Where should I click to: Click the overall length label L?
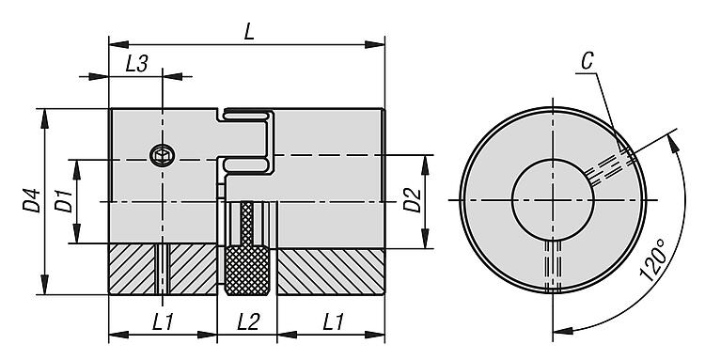(249, 31)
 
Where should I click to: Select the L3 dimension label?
(136, 64)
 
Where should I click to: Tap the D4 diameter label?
(31, 200)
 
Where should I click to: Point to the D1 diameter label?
(63, 200)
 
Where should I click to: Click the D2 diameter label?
(412, 200)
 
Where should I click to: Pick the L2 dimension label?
(248, 321)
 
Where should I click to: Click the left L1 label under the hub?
(163, 321)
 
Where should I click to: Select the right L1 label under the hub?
(333, 321)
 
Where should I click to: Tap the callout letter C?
(587, 61)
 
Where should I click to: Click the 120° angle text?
(654, 260)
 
